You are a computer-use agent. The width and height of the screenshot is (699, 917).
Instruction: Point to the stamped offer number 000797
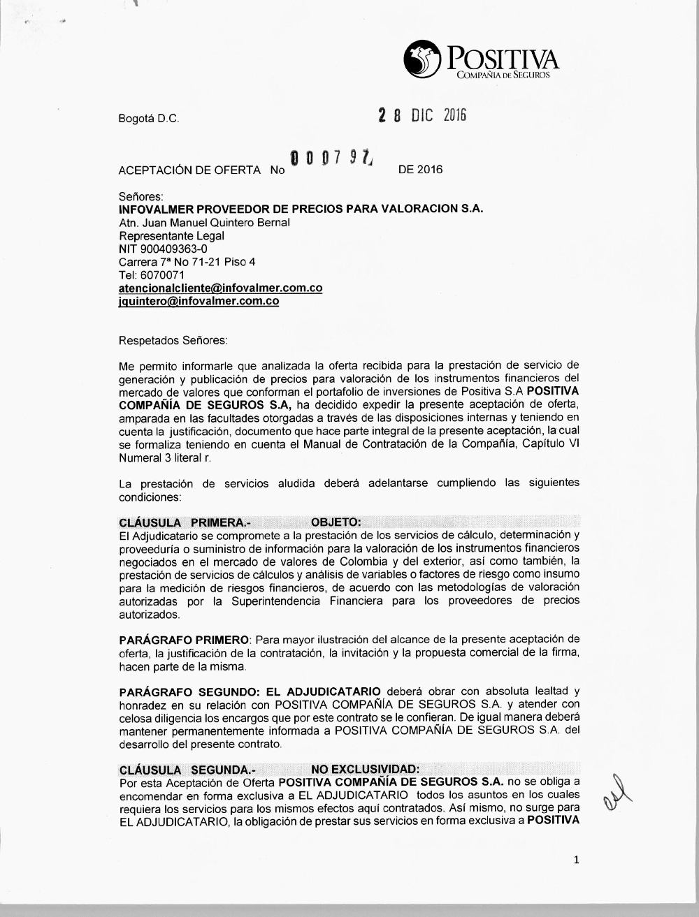coord(333,160)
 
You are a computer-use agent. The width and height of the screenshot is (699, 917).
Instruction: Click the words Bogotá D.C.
coord(149,119)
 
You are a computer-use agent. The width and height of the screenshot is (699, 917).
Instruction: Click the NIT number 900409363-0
coord(163,249)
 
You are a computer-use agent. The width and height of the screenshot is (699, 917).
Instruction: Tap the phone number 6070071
coord(161,275)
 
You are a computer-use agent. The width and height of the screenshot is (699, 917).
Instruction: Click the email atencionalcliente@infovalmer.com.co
coord(220,288)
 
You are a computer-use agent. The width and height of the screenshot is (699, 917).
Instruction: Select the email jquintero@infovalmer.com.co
coord(199,302)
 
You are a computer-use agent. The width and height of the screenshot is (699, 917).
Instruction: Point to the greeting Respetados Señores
coord(173,341)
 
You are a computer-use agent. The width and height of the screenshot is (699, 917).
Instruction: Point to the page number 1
coord(577,860)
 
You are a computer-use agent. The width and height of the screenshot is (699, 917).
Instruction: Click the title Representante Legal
coord(171,235)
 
